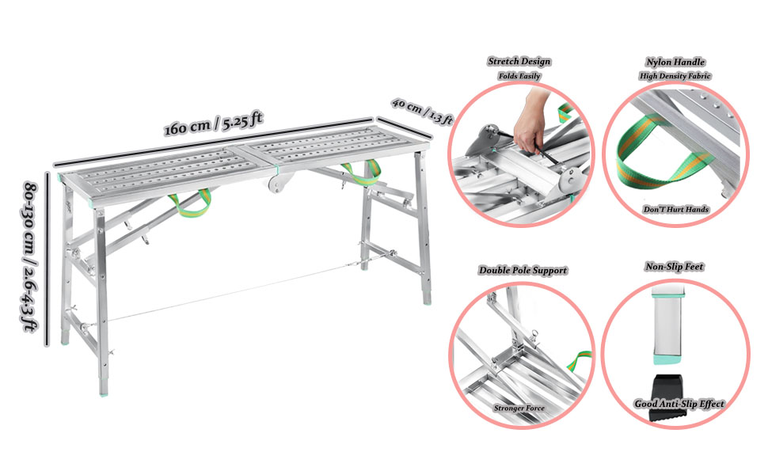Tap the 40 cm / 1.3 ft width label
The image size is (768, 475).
(422, 112)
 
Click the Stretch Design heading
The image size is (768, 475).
(519, 61)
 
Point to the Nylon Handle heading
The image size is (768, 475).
(675, 61)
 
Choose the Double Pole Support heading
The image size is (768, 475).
(523, 270)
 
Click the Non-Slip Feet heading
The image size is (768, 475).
(675, 268)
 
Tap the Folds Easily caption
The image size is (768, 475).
(519, 76)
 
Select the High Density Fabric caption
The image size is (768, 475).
(675, 76)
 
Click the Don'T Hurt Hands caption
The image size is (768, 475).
(675, 209)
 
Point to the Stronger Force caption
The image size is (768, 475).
(521, 408)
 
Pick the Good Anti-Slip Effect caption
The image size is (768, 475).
(679, 404)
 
